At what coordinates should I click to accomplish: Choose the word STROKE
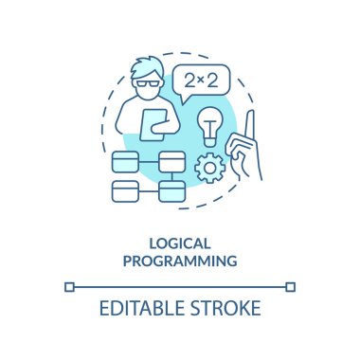pyautogui.click(x=225, y=311)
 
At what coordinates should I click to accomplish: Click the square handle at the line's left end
pyautogui.click(x=69, y=286)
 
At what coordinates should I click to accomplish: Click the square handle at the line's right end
pyautogui.click(x=291, y=286)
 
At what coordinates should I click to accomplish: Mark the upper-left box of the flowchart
pyautogui.click(x=125, y=160)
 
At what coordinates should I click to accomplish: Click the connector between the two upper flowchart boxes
pyautogui.click(x=149, y=160)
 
